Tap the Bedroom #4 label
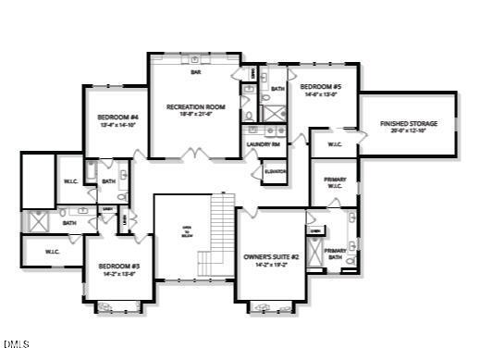point(117,118)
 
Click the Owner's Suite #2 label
point(265,256)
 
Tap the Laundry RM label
point(263,144)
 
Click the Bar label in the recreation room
point(195,72)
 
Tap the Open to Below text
point(186,232)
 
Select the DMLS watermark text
point(16,346)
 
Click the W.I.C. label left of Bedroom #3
point(53,250)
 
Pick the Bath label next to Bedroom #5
point(277,89)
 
